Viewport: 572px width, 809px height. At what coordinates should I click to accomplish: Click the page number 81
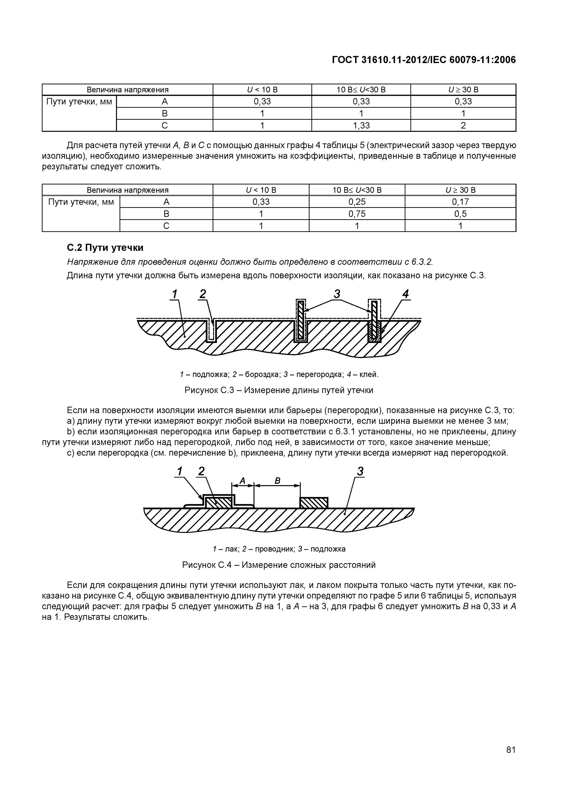pos(511,759)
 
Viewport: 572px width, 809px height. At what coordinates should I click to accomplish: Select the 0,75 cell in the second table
pos(357,214)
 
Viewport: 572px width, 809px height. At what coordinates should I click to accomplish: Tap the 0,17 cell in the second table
pos(460,202)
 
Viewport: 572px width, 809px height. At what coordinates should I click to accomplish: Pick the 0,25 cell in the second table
pos(357,202)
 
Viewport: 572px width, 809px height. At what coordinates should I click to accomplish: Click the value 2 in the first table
pos(463,125)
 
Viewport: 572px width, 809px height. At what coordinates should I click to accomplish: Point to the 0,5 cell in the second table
pos(460,214)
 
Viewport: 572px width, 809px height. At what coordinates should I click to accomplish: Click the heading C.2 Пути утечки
pos(105,248)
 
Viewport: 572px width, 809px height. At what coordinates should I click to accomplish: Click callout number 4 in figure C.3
pos(406,294)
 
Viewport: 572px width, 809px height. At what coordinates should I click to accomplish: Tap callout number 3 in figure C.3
pos(337,294)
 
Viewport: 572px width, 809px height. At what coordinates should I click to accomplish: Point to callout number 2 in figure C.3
pos(203,294)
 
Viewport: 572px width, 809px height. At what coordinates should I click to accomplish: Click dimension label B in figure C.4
pos(277,481)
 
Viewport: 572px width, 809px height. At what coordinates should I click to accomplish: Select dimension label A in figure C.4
pos(242,481)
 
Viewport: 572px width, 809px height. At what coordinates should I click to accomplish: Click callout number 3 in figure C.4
pos(360,471)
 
